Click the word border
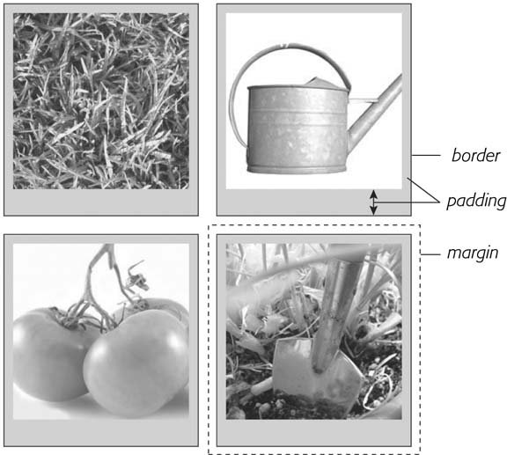pyautogui.click(x=475, y=155)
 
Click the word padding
pyautogui.click(x=476, y=202)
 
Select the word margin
pyautogui.click(x=473, y=253)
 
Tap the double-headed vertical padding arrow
pyautogui.click(x=373, y=202)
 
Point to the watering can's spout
pyautogui.click(x=375, y=112)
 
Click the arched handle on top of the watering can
pyautogui.click(x=291, y=48)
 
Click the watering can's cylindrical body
pyautogui.click(x=298, y=128)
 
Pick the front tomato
pyautogui.click(x=136, y=363)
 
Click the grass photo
pyautogui.click(x=101, y=101)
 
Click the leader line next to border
pyautogui.click(x=426, y=156)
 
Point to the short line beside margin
pyautogui.click(x=430, y=254)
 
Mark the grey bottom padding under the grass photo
pyautogui.click(x=101, y=202)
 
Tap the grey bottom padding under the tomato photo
pyautogui.click(x=101, y=433)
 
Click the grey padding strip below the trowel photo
pyautogui.click(x=314, y=433)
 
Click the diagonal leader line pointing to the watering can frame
pyautogui.click(x=423, y=190)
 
